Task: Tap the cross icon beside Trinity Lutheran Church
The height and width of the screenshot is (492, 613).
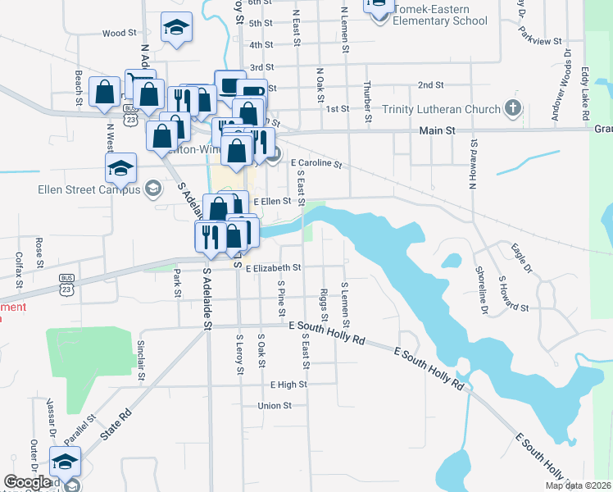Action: pyautogui.click(x=513, y=108)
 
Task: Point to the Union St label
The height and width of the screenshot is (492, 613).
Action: pyautogui.click(x=275, y=406)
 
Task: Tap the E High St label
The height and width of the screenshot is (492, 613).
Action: pyautogui.click(x=288, y=384)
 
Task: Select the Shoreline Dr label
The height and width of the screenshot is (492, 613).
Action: pyautogui.click(x=481, y=292)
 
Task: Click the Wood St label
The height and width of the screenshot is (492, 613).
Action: pyautogui.click(x=119, y=34)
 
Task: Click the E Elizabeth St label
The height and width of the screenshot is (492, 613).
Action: pyautogui.click(x=273, y=267)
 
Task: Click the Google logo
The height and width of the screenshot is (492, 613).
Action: pyautogui.click(x=27, y=482)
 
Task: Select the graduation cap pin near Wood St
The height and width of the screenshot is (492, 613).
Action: pyautogui.click(x=176, y=26)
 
